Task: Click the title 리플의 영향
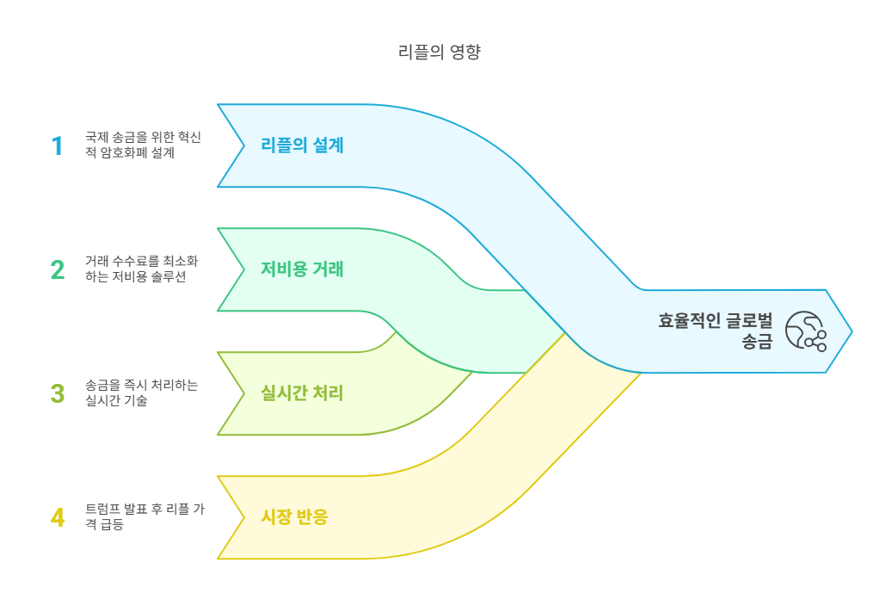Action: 439,53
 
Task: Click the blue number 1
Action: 58,146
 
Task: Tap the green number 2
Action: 58,269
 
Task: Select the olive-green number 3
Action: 58,393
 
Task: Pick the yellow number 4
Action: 58,517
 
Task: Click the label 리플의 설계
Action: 302,145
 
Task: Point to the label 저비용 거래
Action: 302,269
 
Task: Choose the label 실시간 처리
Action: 302,393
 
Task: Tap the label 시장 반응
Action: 294,517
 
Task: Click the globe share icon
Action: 806,331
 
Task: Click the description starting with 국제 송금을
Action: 143,145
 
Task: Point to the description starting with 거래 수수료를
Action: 142,269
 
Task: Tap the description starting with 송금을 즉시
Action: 142,393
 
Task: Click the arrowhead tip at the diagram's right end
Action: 851,331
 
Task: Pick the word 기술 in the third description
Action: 135,401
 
